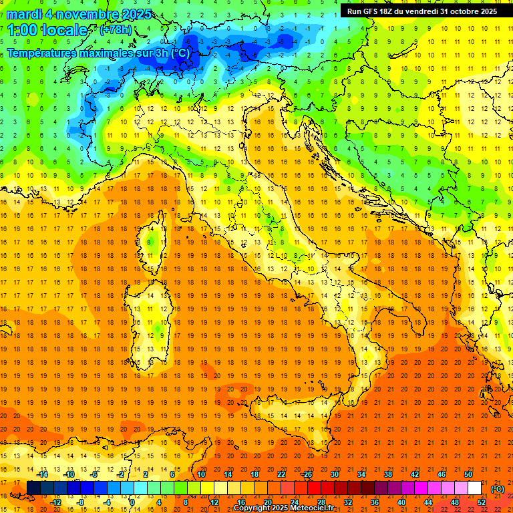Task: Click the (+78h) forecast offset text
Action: click(116, 30)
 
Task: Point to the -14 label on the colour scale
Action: click(43, 474)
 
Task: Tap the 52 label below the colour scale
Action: click(482, 502)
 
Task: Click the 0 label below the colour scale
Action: click(132, 502)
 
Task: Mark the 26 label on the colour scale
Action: click(308, 474)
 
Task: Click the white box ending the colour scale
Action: click(474, 488)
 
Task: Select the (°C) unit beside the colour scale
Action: click(498, 488)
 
